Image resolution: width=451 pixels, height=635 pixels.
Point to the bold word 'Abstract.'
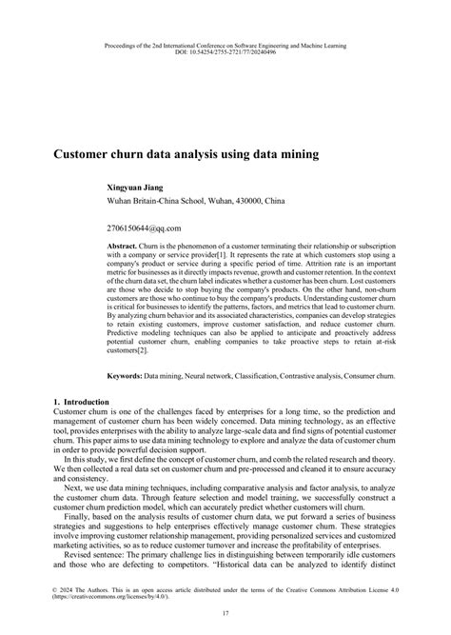pyautogui.click(x=124, y=246)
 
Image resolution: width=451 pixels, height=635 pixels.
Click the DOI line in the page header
pyautogui.click(x=225, y=52)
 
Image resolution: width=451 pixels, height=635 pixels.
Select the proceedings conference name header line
pyautogui.click(x=225, y=45)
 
